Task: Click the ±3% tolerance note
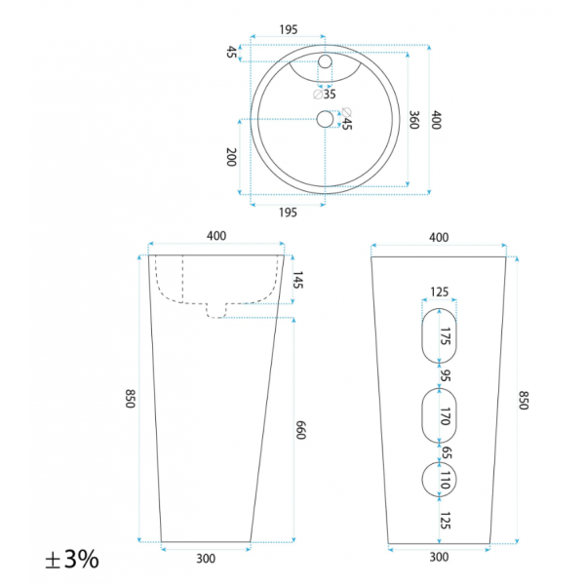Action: point(72,559)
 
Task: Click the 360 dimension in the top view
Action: point(414,119)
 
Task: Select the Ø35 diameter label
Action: point(325,95)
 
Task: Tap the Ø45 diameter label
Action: point(346,119)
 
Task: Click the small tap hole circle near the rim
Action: point(325,61)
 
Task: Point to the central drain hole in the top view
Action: point(325,119)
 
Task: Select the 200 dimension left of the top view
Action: point(231,157)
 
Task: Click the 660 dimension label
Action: point(300,430)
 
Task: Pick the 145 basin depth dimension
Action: point(297,280)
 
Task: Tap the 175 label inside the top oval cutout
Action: point(446,336)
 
